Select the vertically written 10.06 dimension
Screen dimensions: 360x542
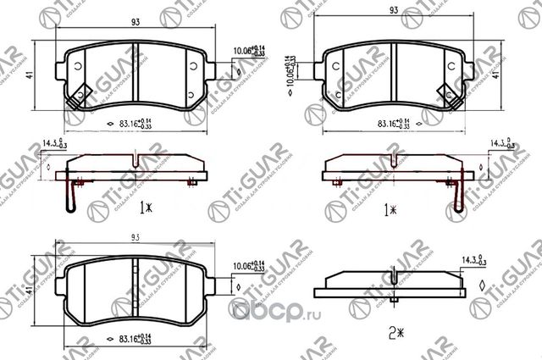point(291,73)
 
